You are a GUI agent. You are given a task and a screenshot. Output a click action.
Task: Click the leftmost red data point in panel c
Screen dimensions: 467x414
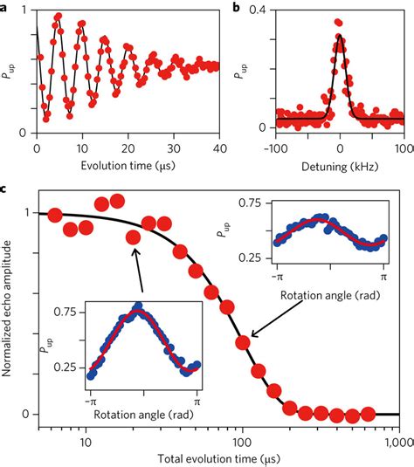point(54,215)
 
